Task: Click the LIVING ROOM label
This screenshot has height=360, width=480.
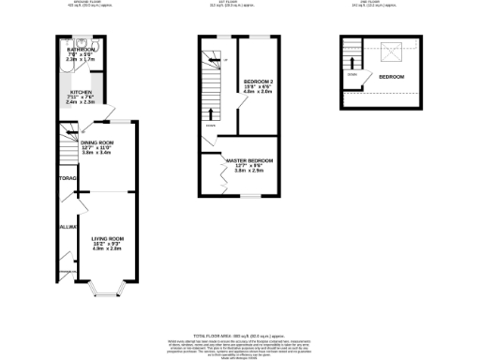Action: point(107,239)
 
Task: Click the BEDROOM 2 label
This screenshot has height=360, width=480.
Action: point(257,82)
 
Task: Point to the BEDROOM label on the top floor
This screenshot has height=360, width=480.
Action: point(392,76)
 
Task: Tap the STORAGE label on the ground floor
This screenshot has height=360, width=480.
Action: point(66,177)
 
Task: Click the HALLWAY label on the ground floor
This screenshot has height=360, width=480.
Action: point(66,228)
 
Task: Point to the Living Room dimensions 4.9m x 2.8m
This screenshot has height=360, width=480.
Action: point(107,248)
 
